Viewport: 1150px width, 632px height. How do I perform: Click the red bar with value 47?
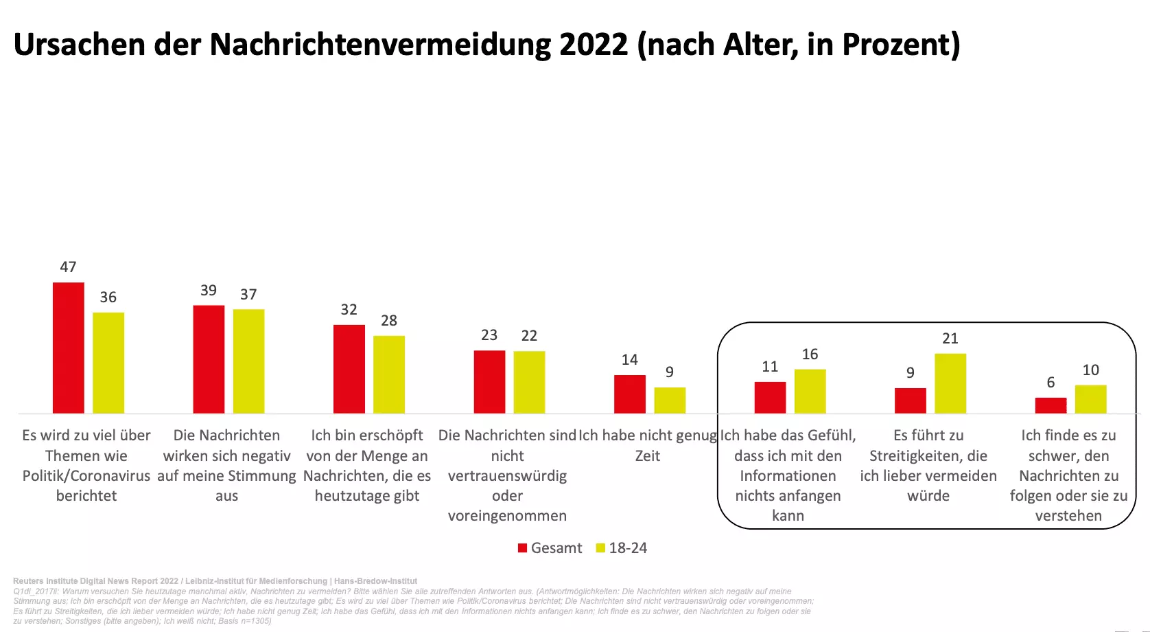[69, 348]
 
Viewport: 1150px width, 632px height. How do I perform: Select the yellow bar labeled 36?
[108, 363]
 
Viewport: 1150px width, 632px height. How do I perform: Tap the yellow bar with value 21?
[950, 383]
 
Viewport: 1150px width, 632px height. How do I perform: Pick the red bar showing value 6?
[1051, 405]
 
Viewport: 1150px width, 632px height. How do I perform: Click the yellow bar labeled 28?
[389, 374]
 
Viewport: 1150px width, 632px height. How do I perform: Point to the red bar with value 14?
[630, 394]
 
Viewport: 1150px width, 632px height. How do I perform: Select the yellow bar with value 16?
[810, 391]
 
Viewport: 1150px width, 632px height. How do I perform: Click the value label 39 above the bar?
[209, 291]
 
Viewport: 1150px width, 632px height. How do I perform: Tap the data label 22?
[529, 336]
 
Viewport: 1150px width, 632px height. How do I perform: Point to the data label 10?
[1090, 370]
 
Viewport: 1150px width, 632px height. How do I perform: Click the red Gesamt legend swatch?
[523, 548]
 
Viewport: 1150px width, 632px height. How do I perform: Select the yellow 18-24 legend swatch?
[601, 548]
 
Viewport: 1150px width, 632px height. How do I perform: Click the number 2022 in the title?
[594, 45]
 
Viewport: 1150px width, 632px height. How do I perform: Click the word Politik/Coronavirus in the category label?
[86, 476]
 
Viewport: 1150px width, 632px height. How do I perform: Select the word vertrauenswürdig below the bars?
[507, 476]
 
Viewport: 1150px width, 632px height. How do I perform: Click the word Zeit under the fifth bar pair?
[648, 456]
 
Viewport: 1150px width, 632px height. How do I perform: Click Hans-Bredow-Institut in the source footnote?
[375, 581]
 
